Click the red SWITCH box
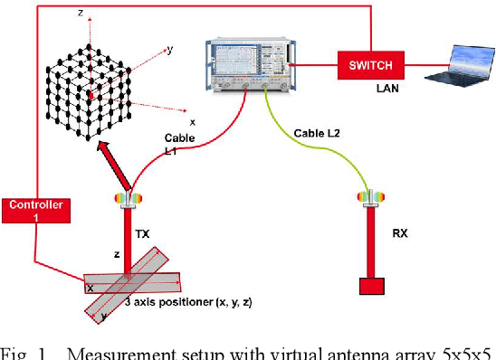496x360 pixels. tap(371, 65)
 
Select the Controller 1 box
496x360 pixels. tap(36, 211)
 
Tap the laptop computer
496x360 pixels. tap(461, 66)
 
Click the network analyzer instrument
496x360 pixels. tap(251, 65)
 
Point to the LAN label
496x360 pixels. tap(387, 89)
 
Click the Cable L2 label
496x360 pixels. tap(317, 133)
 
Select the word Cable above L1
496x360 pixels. tap(180, 138)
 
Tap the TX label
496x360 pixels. tap(142, 234)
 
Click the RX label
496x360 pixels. tap(400, 233)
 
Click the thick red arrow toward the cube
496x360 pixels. tap(114, 165)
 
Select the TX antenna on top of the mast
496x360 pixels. tap(129, 199)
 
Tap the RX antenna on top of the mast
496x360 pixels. tap(371, 197)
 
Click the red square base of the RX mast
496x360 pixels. tap(372, 287)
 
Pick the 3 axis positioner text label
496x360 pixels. tap(188, 302)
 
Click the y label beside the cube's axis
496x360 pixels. tap(170, 50)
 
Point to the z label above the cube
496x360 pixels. tap(81, 13)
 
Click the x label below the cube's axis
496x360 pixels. tap(192, 123)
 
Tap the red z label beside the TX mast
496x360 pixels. tap(117, 254)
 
